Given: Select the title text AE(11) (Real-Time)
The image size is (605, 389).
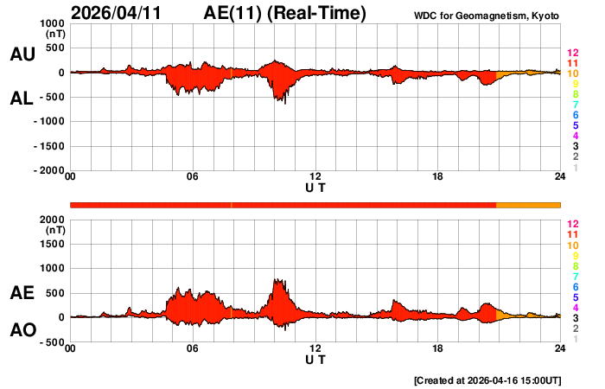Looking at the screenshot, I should pos(285,13).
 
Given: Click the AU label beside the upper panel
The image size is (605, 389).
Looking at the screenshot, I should pos(22,54).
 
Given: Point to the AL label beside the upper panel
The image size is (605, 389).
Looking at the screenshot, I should pos(22,99).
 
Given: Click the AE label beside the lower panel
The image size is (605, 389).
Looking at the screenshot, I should pos(22,293).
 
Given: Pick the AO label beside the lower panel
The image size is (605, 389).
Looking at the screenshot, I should pos(22,330).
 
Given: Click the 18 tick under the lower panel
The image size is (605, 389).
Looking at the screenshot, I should pos(437,348).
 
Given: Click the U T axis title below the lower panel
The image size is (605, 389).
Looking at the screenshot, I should pos(315,359).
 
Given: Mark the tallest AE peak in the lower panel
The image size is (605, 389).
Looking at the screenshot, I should pos(277,279).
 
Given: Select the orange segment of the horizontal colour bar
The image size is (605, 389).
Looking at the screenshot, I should pos(528,204).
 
